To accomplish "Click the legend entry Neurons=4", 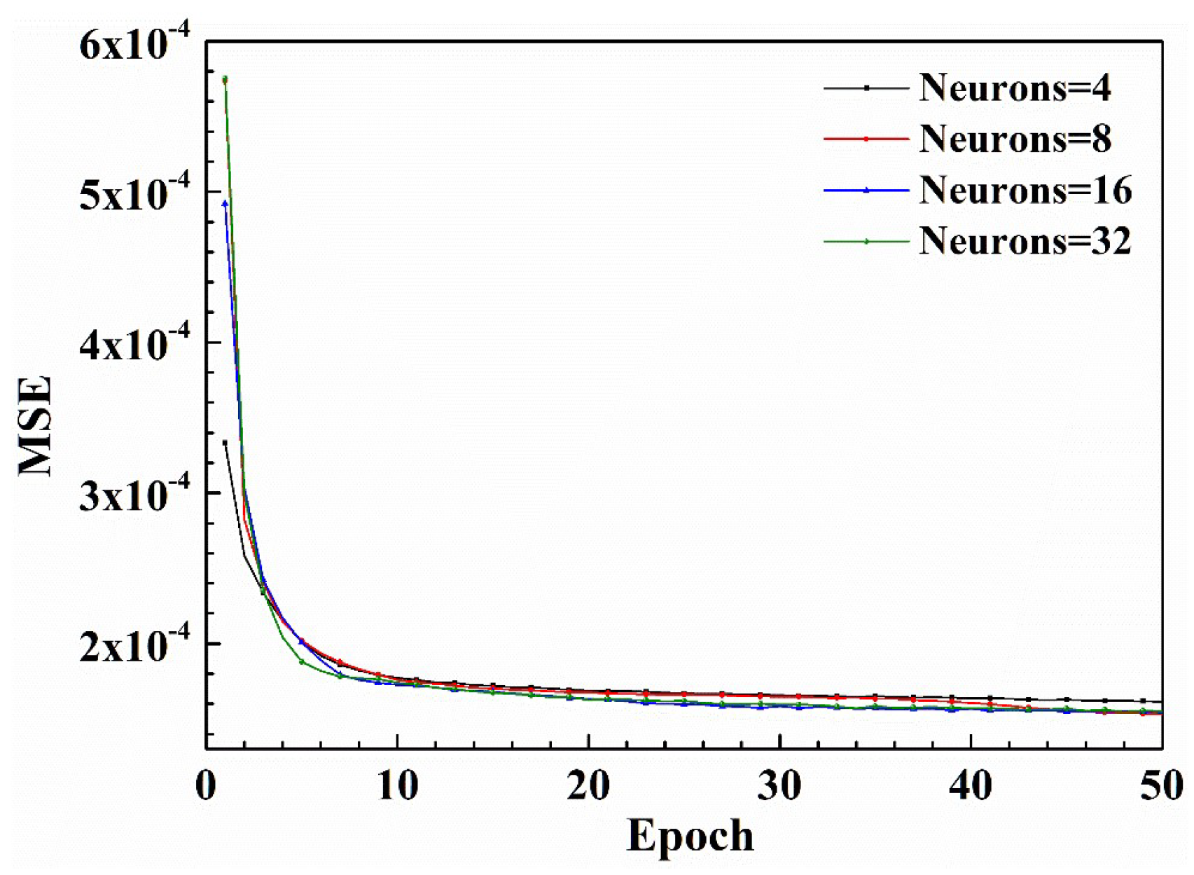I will point(1015,88).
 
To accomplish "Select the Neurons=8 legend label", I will point(1015,139).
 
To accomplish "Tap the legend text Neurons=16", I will point(1025,190).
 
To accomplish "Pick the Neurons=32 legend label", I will point(1025,241).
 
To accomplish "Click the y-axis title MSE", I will point(35,425).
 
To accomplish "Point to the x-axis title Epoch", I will point(690,836).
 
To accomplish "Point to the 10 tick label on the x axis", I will point(397,786).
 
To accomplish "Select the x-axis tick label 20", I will point(588,786).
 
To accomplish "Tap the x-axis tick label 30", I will point(779,786).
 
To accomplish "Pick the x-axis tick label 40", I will point(971,786).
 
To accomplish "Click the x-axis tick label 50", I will point(1161,786).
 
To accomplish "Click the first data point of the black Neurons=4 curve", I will point(225,442).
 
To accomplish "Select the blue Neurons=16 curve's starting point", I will point(225,204).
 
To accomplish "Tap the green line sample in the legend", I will point(866,242).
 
